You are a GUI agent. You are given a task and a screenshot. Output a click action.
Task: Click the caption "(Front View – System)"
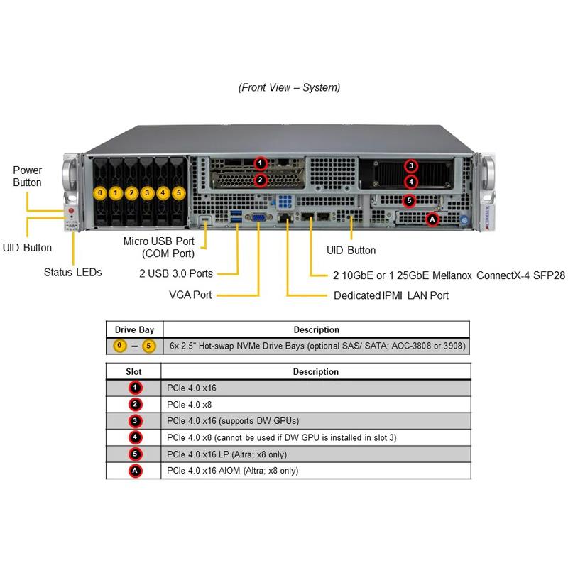coord(289,88)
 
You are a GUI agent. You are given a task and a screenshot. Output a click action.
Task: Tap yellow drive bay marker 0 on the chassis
coord(100,192)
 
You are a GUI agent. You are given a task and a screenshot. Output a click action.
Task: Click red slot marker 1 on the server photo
coord(261,163)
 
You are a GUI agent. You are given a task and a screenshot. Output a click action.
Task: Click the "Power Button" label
coord(28,176)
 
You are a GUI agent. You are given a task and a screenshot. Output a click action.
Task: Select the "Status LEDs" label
coord(72,272)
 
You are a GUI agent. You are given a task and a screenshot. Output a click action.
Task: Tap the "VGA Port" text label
coord(190,295)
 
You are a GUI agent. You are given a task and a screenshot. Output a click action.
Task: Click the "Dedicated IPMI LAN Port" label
coord(391,295)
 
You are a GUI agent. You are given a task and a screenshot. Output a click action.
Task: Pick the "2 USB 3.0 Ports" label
coord(176,272)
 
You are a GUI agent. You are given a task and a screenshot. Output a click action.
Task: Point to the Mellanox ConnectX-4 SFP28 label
coord(448,275)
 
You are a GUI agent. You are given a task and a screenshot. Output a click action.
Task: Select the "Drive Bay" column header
coord(134,329)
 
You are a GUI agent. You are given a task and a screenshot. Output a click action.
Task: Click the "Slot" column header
coord(133,371)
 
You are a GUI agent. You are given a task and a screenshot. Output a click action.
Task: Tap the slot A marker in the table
coord(135,471)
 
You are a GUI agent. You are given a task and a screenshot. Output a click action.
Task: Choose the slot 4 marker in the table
coord(135,437)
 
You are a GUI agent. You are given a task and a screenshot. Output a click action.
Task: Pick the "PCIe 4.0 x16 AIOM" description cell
coord(233,471)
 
